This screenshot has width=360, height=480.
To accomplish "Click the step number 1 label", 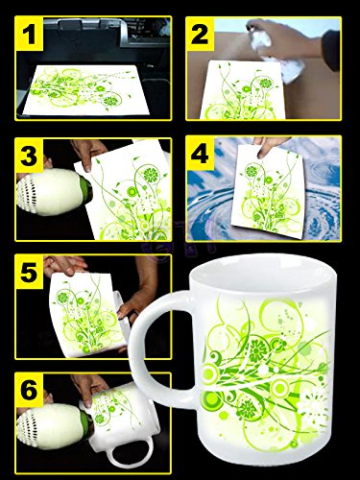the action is point(29,34).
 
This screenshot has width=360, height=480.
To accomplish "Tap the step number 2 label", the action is point(200,34).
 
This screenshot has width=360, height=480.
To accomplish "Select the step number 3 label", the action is point(29,156).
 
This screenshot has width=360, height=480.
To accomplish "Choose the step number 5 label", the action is point(29,273).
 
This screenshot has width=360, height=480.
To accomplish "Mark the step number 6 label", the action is point(29,390).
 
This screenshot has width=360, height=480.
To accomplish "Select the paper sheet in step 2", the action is point(243,90).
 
